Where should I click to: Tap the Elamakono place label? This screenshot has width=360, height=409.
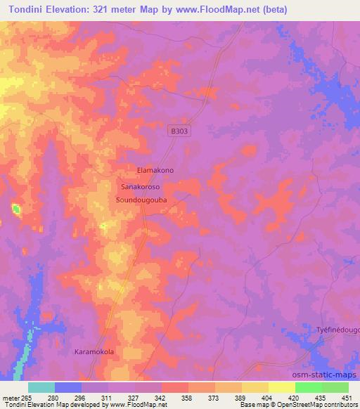[x=155, y=171]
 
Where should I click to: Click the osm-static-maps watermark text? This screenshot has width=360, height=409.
[x=330, y=373]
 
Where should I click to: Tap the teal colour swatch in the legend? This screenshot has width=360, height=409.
[x=41, y=387]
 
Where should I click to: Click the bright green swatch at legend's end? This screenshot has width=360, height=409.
[x=335, y=387]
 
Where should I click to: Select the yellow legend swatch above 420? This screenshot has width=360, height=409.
[x=281, y=387]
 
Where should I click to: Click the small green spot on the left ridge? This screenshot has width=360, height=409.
[x=15, y=208]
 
